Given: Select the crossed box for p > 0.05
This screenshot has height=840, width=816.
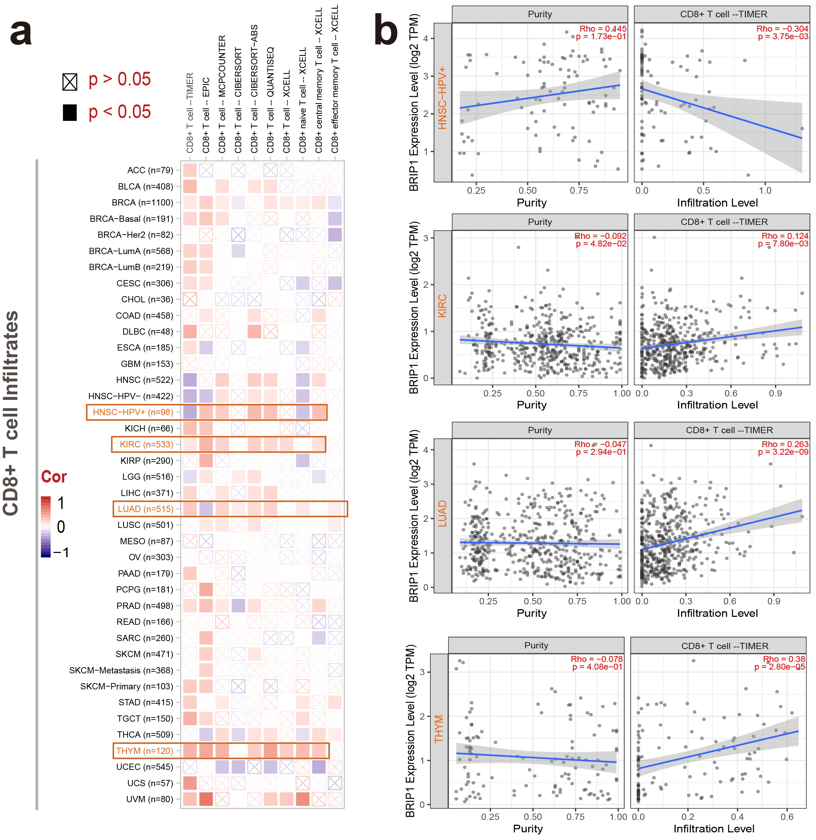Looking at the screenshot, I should pyautogui.click(x=70, y=82).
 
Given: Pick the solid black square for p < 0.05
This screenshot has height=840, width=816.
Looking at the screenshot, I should pyautogui.click(x=70, y=112).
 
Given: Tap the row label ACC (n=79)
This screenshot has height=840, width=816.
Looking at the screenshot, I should pyautogui.click(x=150, y=170).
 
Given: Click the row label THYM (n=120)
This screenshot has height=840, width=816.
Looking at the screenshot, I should pyautogui.click(x=144, y=751).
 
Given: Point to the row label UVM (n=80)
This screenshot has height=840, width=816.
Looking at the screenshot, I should pyautogui.click(x=149, y=799).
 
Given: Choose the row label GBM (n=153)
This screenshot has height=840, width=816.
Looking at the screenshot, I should pyautogui.click(x=147, y=364).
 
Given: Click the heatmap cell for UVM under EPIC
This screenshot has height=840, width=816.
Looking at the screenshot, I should pyautogui.click(x=206, y=799).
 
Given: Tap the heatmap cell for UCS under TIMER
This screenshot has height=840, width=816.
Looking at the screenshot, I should pyautogui.click(x=190, y=783).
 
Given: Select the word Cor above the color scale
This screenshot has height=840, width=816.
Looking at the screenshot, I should pyautogui.click(x=54, y=477).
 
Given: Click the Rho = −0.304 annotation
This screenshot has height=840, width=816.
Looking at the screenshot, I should pyautogui.click(x=782, y=29).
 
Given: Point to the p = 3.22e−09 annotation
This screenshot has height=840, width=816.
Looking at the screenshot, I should pyautogui.click(x=783, y=452).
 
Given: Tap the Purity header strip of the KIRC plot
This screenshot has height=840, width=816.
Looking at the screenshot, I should pyautogui.click(x=540, y=222).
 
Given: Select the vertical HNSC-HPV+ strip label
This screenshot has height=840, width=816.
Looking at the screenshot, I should pyautogui.click(x=442, y=98).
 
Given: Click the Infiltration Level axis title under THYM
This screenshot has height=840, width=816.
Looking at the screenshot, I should pyautogui.click(x=714, y=829).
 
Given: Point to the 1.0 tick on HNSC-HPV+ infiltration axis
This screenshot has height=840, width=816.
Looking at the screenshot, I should pyautogui.click(x=765, y=191).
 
